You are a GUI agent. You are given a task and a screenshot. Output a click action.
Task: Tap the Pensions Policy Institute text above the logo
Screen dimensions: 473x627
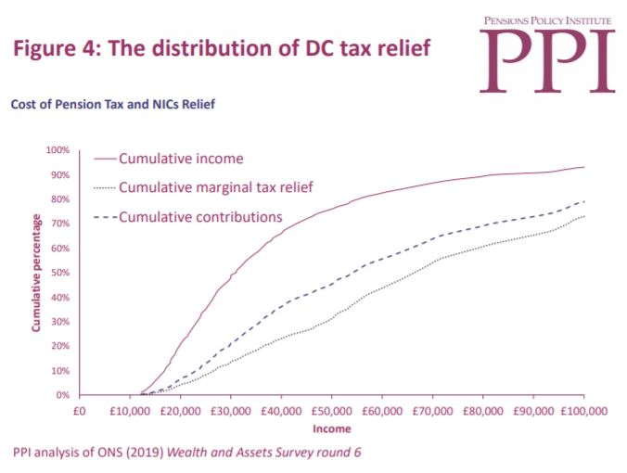548,19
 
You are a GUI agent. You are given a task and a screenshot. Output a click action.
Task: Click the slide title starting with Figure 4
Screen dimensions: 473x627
222,48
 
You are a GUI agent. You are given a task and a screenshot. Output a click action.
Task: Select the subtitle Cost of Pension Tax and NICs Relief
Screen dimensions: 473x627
113,104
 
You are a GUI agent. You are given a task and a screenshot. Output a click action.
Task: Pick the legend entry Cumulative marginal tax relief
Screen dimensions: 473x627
216,187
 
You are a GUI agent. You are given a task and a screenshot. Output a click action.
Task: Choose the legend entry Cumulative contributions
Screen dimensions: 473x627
200,216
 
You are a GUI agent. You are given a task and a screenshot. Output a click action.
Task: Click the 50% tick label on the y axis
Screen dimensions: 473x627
59,273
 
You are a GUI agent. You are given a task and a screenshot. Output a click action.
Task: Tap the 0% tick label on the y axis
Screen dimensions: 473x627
62,395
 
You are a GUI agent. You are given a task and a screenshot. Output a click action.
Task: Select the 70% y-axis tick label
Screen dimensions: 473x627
59,224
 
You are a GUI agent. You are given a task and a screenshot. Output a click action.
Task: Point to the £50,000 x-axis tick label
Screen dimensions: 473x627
331,409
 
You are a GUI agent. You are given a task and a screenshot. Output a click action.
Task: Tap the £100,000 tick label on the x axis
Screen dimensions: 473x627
582,409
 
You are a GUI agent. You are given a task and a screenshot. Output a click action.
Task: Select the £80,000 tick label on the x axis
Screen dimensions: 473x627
482,409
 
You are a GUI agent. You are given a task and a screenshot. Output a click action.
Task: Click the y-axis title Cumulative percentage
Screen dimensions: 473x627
36,273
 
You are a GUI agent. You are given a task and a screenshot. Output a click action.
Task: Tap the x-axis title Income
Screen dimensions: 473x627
331,428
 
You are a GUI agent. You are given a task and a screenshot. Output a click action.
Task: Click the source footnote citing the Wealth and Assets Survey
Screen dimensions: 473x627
186,453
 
